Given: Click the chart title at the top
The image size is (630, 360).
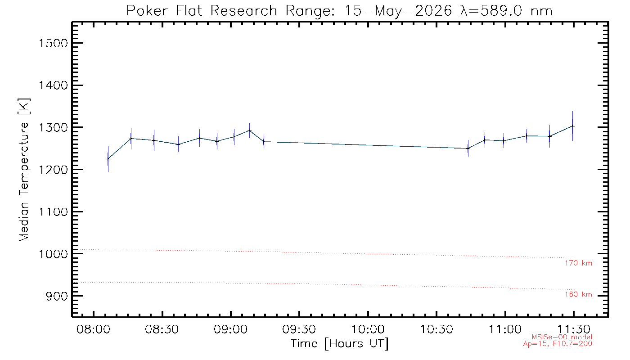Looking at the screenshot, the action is point(339,11).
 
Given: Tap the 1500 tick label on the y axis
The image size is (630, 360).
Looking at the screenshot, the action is point(53,43).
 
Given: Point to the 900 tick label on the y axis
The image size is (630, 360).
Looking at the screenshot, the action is point(57,296).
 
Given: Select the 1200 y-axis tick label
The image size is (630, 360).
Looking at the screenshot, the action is point(53,170).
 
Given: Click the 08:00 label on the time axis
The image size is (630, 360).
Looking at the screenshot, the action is point(94,329).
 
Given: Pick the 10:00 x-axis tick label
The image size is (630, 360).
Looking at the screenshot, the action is point(368,329).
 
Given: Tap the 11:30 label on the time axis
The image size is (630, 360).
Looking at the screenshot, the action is point(574,329).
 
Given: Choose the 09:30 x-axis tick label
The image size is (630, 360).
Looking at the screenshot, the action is point(299,329).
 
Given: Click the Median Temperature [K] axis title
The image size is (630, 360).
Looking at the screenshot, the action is point(24,170).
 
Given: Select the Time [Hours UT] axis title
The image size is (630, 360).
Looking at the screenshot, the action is point(339,344).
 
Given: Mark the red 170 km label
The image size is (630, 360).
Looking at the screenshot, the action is point(579,263).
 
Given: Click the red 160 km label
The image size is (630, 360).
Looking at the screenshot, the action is point(579,294).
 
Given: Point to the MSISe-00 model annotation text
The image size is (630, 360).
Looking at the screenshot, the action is point(562,337).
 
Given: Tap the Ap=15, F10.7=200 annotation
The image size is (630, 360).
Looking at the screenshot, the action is point(558,344).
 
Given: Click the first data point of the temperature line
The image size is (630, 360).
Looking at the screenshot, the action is point(108,159).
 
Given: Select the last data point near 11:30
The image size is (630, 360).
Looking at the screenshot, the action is point(572,126).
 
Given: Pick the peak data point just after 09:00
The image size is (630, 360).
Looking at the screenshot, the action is point(249,130).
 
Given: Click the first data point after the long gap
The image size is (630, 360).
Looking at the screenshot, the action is point(468,148).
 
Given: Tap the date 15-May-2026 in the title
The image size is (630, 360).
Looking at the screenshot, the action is point(398,11).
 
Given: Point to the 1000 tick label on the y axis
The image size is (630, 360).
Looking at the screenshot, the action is point(53,254).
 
